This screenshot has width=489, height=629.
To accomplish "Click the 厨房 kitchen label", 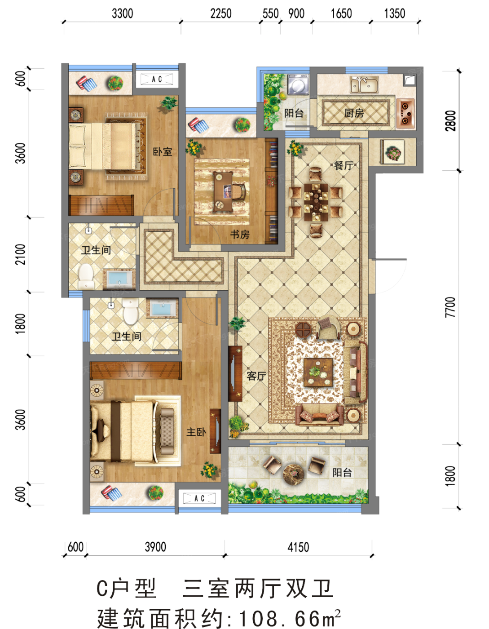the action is pos(354,113).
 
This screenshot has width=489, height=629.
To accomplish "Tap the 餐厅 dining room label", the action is pos(343,165).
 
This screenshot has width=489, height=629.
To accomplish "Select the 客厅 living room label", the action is pos(256,376).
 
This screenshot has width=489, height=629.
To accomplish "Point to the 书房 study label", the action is pos(240,234).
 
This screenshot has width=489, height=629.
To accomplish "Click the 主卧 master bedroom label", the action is pos(196,432).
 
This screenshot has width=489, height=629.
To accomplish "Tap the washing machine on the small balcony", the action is pos(298,84).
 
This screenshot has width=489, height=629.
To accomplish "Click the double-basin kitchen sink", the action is pos(364,84).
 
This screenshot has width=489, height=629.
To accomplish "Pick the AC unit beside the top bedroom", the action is pos(157,79).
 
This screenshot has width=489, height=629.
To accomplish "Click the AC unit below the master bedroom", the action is pos(199,498).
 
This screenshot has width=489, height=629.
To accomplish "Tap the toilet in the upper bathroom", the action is pos(86,276).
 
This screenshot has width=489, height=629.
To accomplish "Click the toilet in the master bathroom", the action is pos(130,311).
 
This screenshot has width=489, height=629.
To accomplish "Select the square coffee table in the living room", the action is pos(318,372).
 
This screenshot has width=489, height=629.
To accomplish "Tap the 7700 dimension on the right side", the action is pos(450,307).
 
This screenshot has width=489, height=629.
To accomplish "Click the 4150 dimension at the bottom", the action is pos(298,547).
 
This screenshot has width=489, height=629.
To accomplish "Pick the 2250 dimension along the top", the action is pos(221,13).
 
